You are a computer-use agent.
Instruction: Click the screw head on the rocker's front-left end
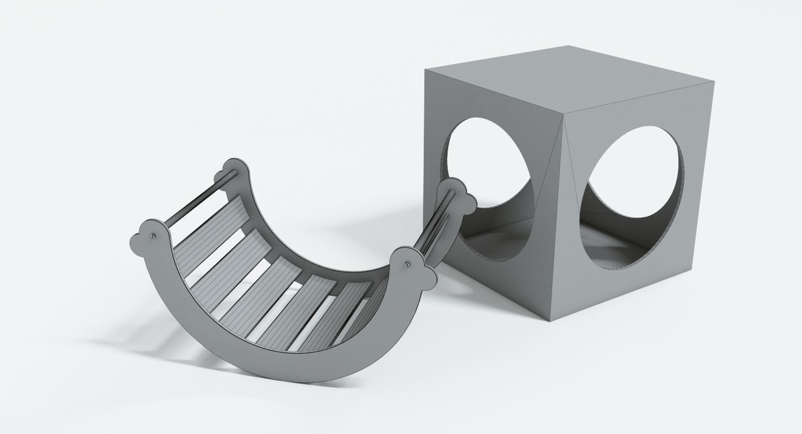point(154,236)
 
